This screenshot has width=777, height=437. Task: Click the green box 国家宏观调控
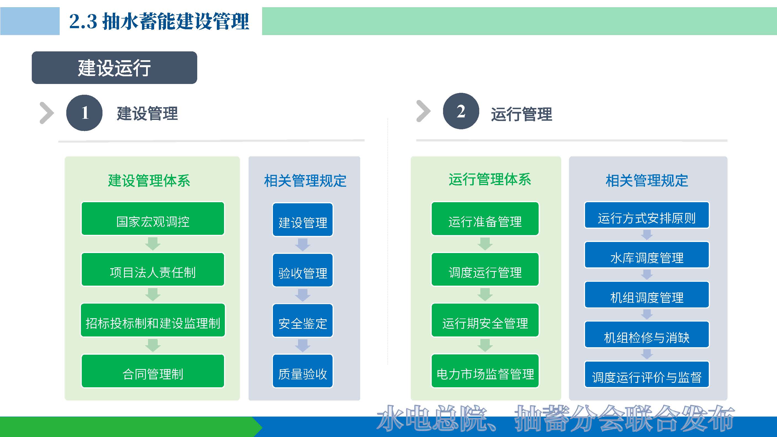(153, 219)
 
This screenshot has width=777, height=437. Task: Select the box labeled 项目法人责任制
(153, 269)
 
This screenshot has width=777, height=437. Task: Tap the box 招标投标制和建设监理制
(153, 320)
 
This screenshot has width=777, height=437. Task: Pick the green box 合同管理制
(153, 371)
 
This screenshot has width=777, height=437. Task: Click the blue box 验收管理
(302, 270)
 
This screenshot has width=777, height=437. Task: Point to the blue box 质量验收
(302, 371)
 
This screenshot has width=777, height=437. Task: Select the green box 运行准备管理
(485, 219)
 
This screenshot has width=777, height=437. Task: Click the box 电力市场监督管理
(485, 371)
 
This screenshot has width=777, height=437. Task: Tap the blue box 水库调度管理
(647, 255)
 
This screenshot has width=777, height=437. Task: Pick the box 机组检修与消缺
(647, 335)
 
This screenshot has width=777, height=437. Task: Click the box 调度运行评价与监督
(647, 374)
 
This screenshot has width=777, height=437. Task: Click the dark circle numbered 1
(85, 113)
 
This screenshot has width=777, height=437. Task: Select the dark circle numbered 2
(461, 111)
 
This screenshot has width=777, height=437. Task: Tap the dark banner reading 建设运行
(114, 68)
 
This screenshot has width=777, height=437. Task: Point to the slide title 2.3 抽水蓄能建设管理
(159, 21)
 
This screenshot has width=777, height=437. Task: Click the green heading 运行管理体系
(489, 180)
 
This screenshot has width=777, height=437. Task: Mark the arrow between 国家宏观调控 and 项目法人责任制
(153, 244)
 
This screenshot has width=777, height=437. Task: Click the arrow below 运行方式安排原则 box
(647, 235)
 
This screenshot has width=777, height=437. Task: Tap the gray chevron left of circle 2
(423, 111)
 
